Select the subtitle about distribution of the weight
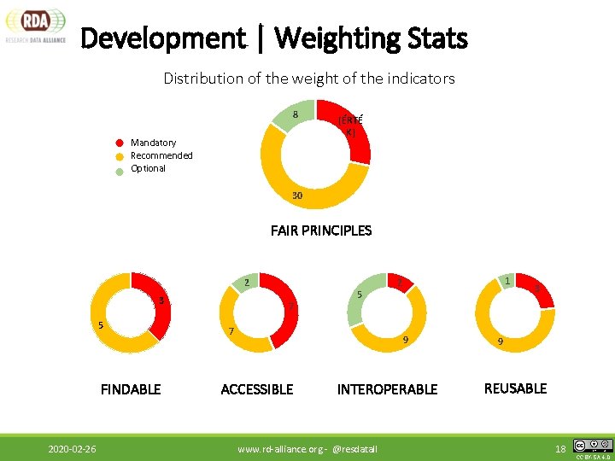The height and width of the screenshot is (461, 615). [x=308, y=79]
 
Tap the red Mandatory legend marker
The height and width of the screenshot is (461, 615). [x=121, y=143]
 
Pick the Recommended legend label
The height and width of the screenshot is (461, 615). [x=161, y=155]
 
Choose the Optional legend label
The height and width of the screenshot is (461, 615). [x=148, y=168]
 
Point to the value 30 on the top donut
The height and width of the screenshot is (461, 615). [x=296, y=196]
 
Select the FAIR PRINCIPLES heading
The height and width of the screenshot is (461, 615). [x=320, y=230]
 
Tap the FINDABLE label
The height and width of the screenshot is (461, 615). [x=131, y=389]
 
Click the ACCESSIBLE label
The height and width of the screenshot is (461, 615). [x=257, y=389]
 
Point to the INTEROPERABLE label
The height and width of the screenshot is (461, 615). [x=387, y=389]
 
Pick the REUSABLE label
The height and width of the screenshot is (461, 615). [x=515, y=388]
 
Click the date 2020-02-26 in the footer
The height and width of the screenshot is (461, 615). [x=72, y=448]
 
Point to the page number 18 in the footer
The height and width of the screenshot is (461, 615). [x=561, y=448]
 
